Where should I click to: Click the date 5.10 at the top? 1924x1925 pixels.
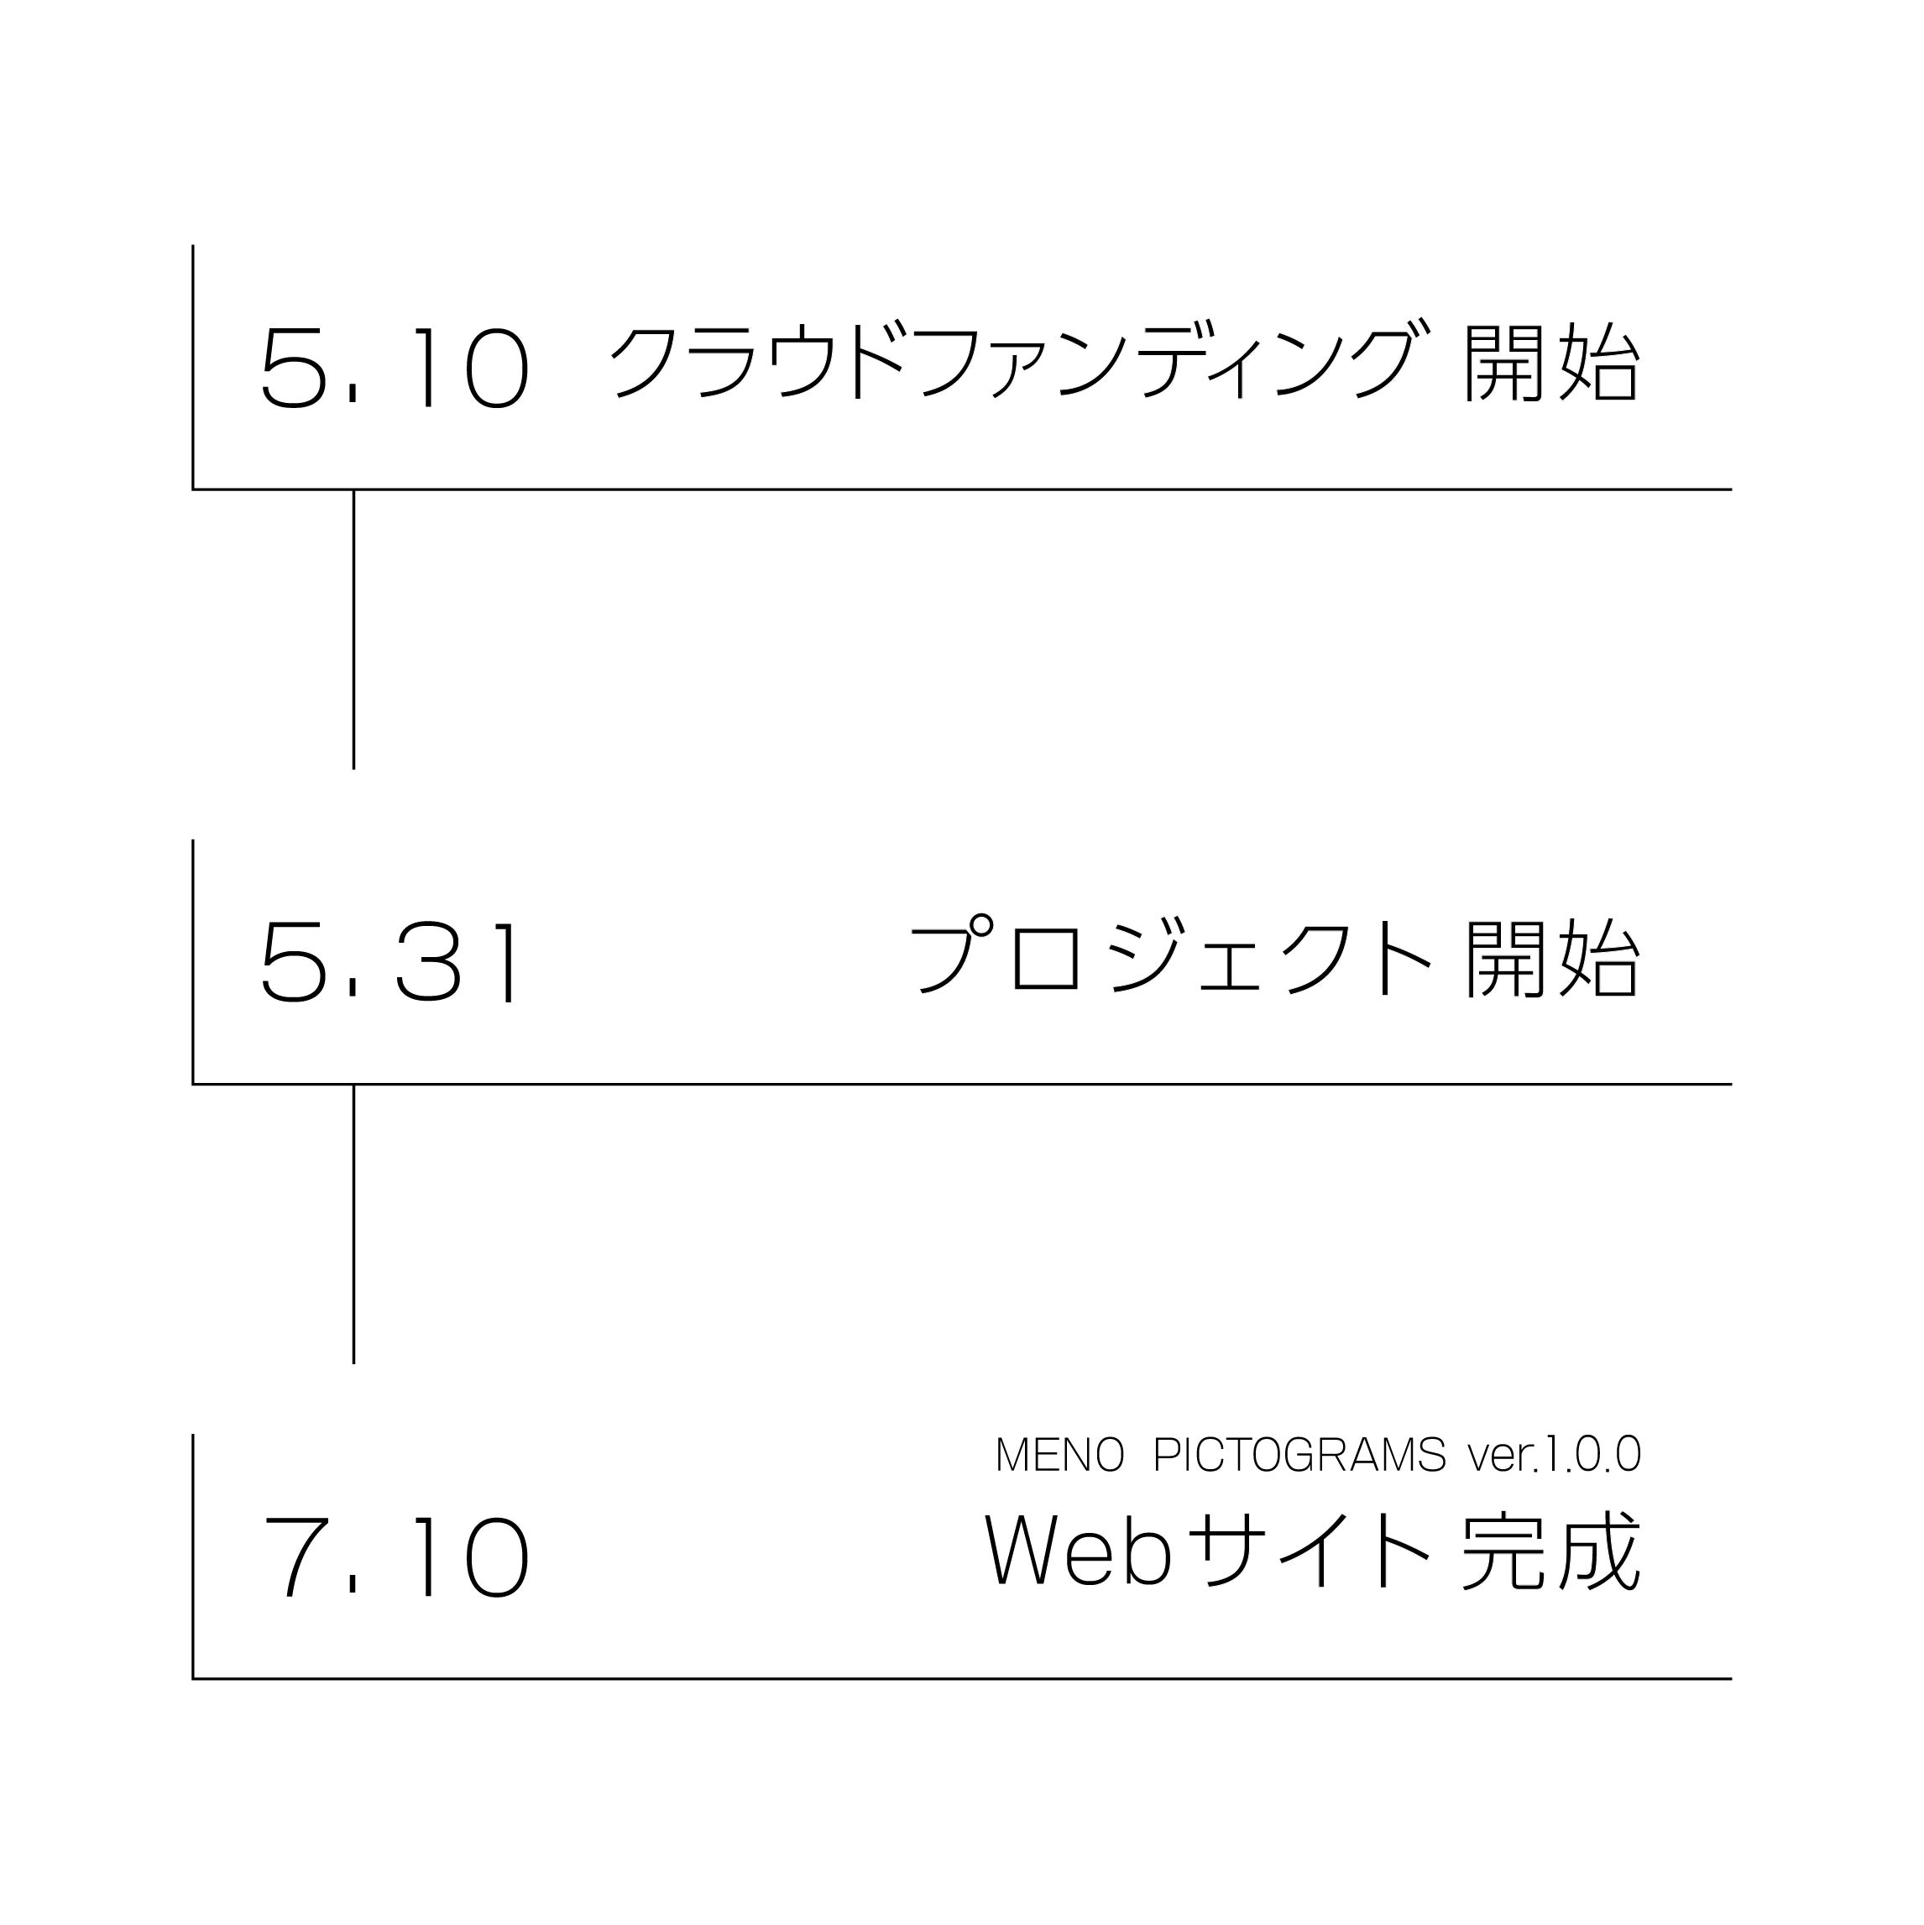395,367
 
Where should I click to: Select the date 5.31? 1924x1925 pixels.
390,960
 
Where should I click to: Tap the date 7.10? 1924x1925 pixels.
395,1556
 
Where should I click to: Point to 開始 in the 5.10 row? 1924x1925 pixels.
1550,361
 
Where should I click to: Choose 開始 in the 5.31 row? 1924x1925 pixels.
1550,956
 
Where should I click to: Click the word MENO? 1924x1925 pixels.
1059,1456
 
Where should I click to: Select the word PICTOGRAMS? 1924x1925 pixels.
1299,1456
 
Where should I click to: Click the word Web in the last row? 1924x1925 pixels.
1078,1551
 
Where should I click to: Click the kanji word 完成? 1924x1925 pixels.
1550,1552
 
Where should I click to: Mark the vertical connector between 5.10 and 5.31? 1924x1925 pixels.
353,630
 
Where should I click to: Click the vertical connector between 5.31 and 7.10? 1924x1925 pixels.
353,1225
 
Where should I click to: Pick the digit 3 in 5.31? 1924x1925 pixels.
428,960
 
